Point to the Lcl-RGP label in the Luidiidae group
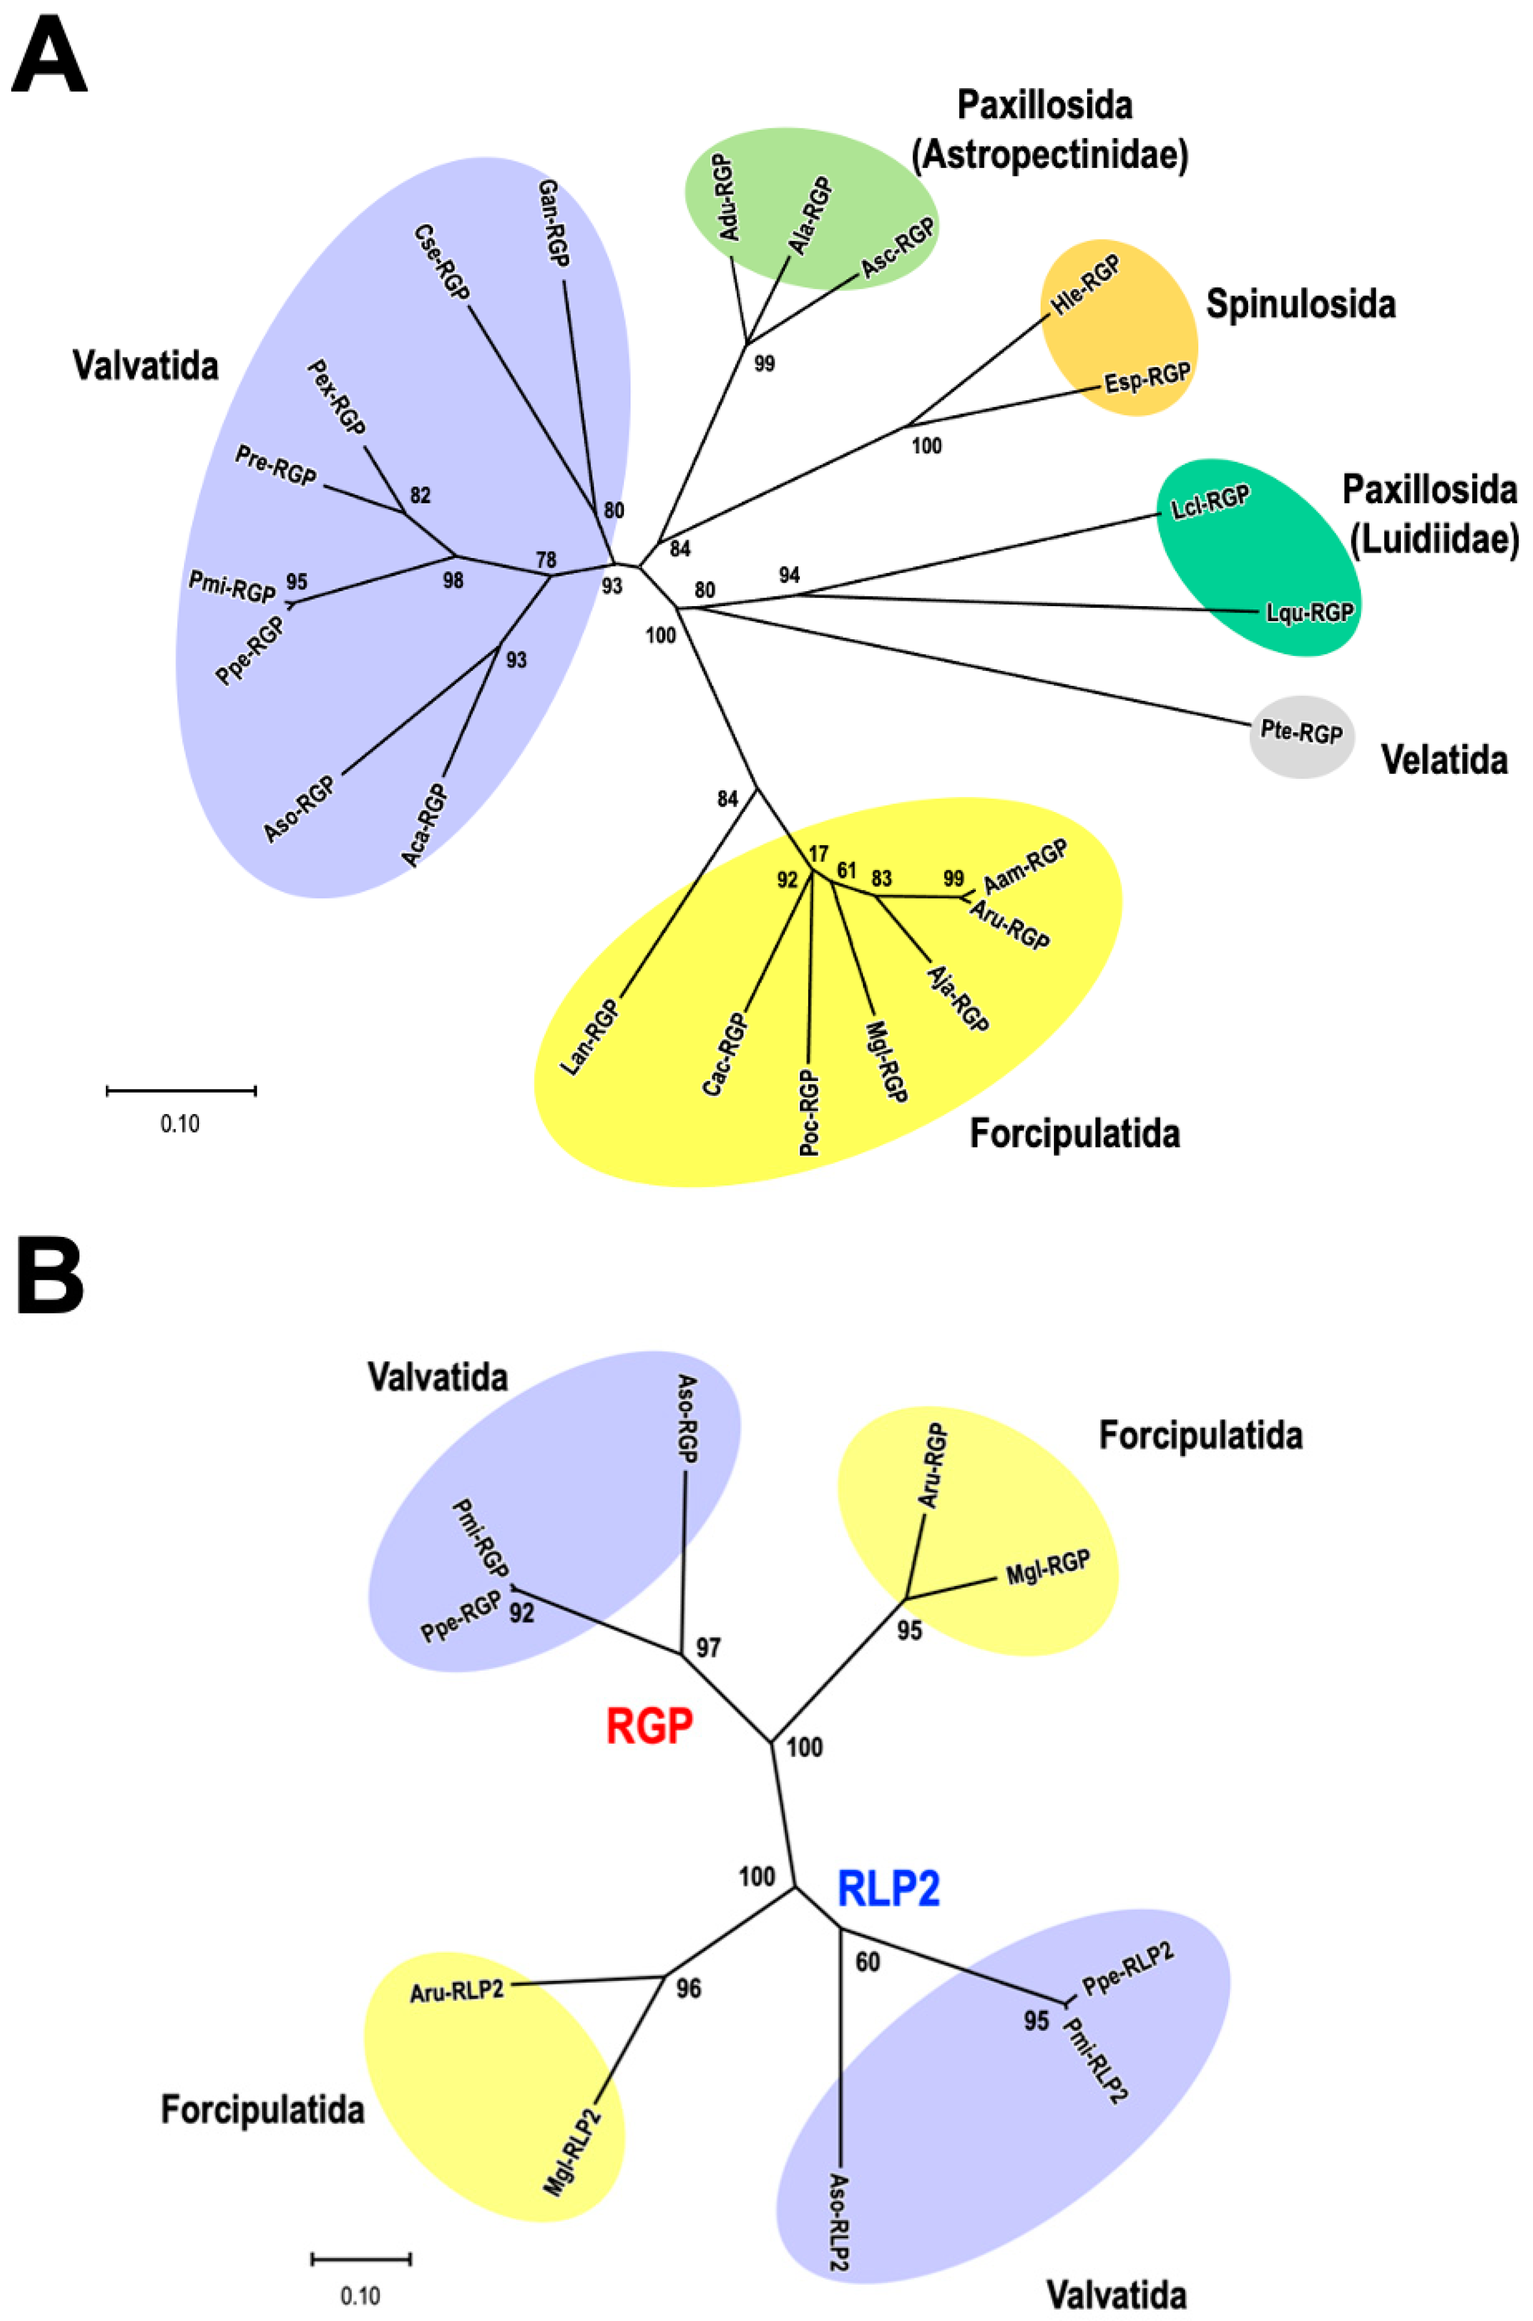(1210, 504)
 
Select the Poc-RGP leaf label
(810, 1113)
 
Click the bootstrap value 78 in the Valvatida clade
(545, 560)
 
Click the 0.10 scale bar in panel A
(181, 1089)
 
